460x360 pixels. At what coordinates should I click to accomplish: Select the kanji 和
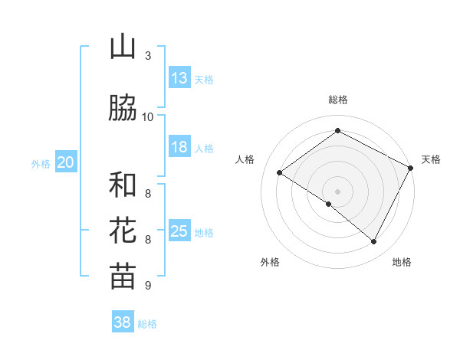(123, 185)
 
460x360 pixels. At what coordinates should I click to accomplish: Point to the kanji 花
(123, 231)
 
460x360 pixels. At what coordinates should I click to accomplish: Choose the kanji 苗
(123, 277)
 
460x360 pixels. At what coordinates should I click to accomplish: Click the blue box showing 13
(179, 77)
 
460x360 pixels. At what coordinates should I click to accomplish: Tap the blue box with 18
(179, 147)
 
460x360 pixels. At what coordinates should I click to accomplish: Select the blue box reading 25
(179, 231)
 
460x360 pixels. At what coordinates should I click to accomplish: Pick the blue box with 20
(66, 162)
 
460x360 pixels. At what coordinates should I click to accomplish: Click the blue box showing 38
(123, 322)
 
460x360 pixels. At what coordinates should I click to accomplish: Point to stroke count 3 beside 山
(147, 56)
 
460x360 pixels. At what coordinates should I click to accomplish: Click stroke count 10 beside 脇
(148, 116)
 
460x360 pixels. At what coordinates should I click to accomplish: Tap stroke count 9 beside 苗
(147, 286)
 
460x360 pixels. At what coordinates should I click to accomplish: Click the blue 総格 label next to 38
(147, 324)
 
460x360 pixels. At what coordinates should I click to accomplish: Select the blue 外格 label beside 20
(41, 163)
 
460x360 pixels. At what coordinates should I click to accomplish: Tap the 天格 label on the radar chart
(431, 159)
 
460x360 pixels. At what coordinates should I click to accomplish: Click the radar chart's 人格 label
(245, 159)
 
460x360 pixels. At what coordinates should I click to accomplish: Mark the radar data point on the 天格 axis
(410, 168)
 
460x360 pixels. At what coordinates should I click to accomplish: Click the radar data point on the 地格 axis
(374, 242)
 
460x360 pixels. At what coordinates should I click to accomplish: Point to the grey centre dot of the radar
(337, 191)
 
